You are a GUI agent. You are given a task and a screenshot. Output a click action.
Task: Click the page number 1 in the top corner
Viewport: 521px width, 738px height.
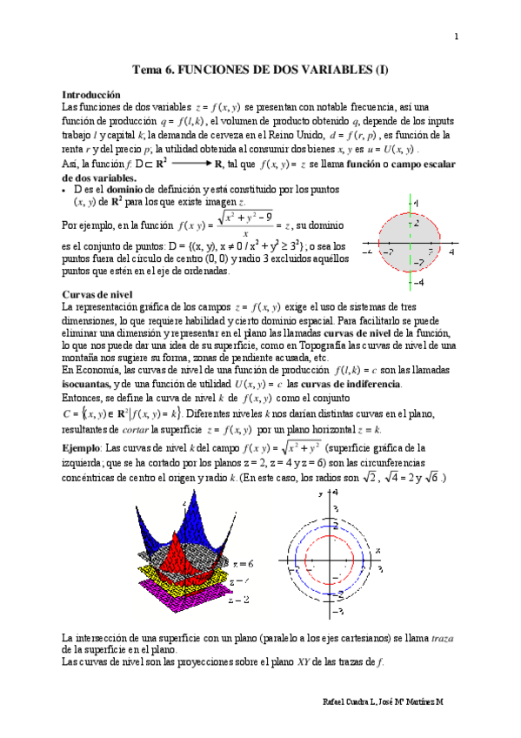click(456, 36)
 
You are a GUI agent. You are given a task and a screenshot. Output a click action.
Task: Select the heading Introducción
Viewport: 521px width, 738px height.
click(91, 94)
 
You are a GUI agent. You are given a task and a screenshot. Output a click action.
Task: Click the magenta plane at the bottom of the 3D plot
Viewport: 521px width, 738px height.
click(183, 600)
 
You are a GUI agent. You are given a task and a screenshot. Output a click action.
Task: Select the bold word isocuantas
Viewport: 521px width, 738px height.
click(91, 384)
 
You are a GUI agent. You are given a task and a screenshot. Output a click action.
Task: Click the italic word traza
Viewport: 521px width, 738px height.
click(443, 638)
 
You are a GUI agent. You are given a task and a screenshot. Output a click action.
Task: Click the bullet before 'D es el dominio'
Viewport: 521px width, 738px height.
click(66, 188)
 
